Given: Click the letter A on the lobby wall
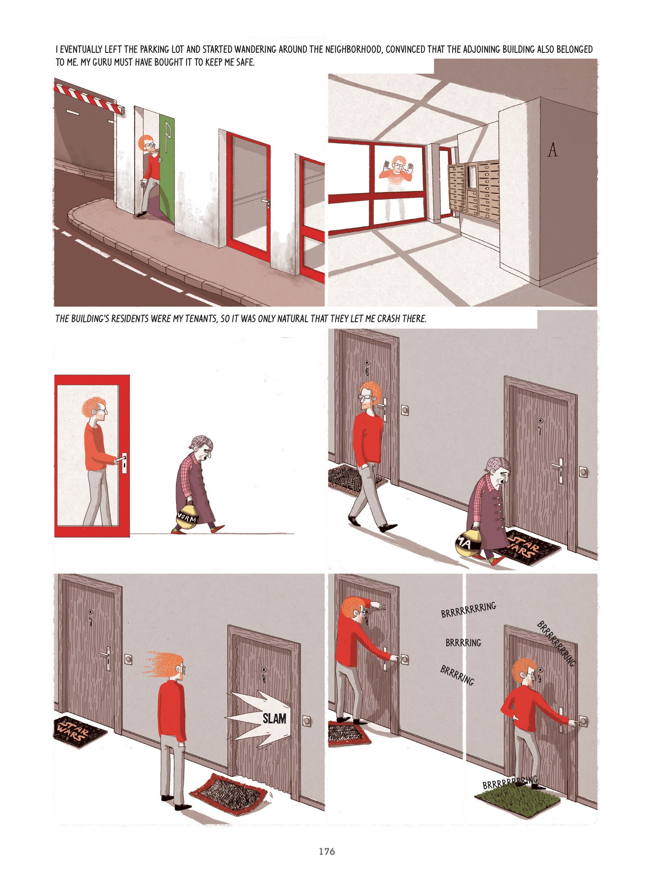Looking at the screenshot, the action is [552, 150].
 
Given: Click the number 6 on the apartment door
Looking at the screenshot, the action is [367, 371].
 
